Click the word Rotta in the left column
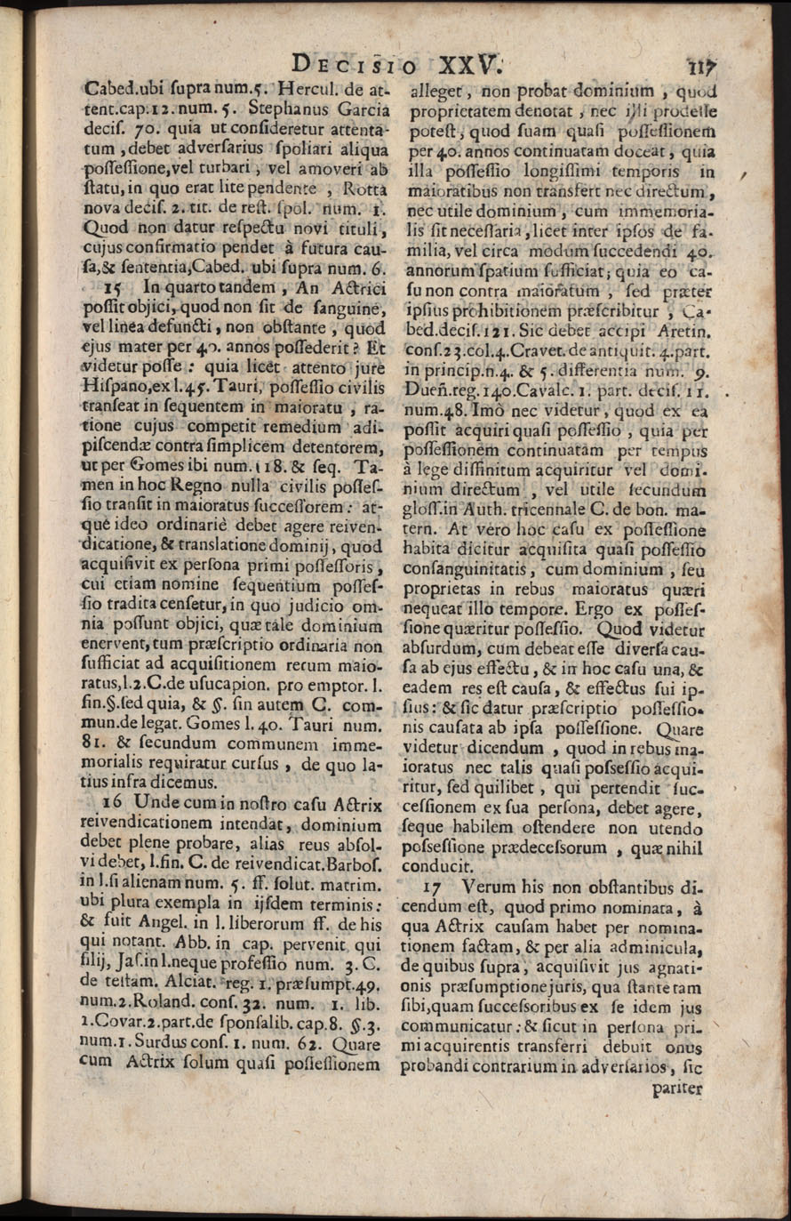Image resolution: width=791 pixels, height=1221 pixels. pyautogui.click(x=350, y=189)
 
